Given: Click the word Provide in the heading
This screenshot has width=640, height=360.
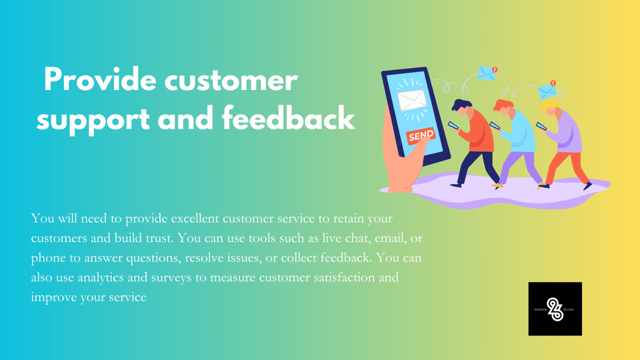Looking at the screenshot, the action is [100, 80].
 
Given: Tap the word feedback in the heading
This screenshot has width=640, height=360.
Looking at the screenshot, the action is [288, 118].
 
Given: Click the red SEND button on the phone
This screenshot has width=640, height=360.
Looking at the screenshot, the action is [421, 136].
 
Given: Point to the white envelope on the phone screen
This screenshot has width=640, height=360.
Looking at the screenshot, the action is [412, 100].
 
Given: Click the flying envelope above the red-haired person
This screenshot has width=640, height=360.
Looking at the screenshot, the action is [487, 73].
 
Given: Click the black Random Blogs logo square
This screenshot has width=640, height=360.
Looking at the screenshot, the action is [555, 309].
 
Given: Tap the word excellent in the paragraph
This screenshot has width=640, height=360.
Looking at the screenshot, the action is [195, 218].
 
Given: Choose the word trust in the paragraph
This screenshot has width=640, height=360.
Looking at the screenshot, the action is [160, 238].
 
